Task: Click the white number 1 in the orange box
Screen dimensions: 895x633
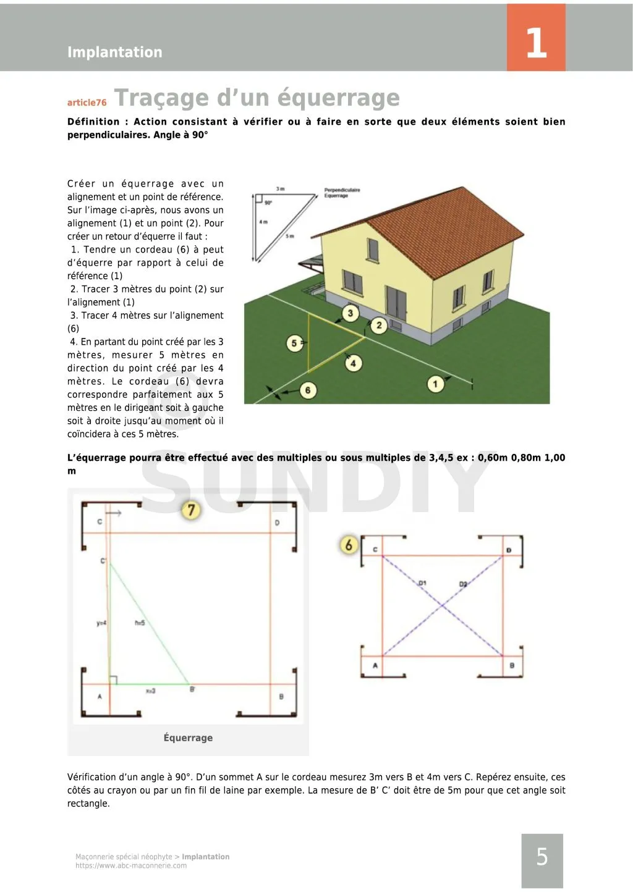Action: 536,43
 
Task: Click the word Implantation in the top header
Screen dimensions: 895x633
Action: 114,52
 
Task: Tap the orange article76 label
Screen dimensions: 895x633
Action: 87,103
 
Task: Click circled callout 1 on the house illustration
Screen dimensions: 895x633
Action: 435,384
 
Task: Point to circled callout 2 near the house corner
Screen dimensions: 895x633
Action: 379,325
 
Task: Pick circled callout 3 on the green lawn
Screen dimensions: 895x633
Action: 350,313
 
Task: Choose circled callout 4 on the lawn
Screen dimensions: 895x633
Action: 353,363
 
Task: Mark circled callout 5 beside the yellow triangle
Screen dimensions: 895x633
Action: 294,343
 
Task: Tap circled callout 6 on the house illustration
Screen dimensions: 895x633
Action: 307,390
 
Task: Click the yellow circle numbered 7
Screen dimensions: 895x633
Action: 191,510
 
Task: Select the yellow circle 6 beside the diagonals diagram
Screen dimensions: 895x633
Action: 349,544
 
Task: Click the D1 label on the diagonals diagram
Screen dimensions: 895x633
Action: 422,582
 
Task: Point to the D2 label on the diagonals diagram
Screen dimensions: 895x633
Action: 463,584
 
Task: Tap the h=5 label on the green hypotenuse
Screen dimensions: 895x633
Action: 140,623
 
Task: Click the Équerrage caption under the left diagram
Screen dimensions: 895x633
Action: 188,737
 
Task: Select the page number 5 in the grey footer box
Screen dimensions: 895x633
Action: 542,857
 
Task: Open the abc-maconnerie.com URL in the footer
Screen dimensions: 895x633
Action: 131,865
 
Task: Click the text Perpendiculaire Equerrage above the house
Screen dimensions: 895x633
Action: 342,193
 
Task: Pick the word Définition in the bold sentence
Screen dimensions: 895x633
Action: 93,122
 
